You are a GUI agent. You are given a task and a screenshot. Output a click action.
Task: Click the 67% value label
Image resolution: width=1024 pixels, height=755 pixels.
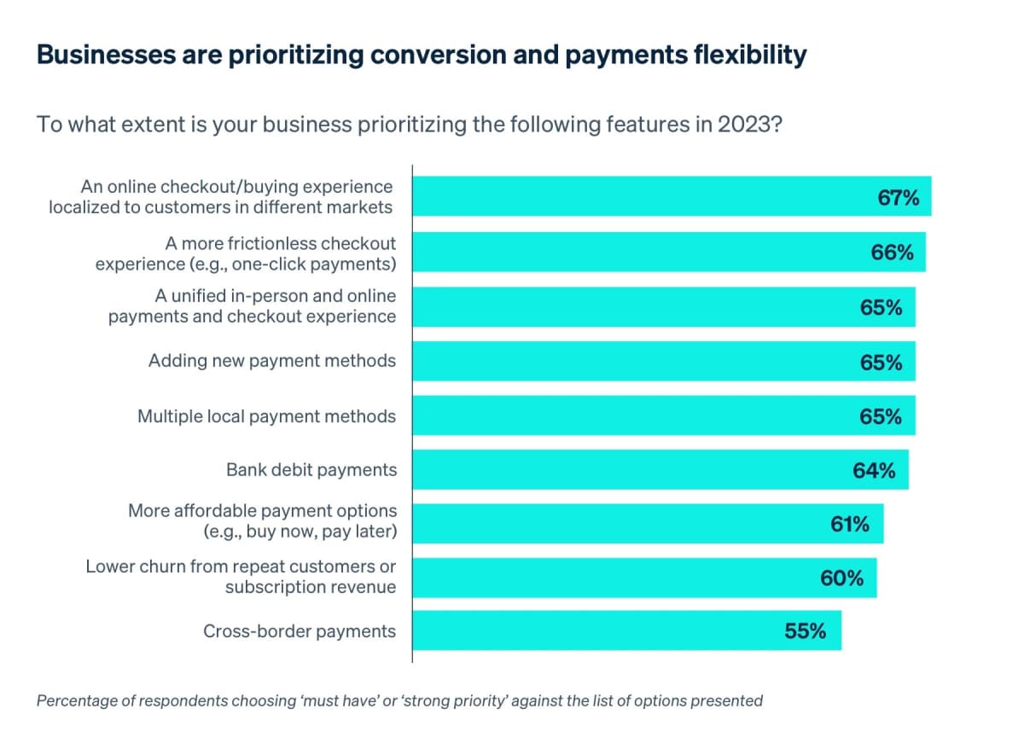click(x=899, y=198)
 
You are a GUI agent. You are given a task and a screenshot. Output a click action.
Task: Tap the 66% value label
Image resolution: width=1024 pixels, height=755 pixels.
click(x=893, y=253)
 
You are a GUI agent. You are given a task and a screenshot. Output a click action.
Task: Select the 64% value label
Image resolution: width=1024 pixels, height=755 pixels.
click(x=874, y=470)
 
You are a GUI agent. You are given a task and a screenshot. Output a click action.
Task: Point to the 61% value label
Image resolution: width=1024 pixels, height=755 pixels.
click(x=850, y=525)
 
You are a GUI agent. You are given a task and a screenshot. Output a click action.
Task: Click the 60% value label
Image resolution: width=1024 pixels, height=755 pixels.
click(x=842, y=578)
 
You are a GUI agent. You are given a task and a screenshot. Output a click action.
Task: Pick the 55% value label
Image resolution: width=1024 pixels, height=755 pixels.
click(x=806, y=631)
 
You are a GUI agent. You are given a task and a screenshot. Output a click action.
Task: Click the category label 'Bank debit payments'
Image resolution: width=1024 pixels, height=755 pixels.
click(x=311, y=469)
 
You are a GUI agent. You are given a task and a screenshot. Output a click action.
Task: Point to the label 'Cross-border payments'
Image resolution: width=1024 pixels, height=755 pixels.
click(x=300, y=631)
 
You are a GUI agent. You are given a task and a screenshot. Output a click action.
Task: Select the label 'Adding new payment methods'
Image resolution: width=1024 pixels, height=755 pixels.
click(x=272, y=361)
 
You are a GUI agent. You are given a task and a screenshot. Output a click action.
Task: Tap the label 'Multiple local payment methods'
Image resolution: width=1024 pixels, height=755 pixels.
click(x=267, y=416)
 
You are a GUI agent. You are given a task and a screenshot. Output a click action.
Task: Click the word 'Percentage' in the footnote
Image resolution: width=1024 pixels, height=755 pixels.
click(x=78, y=701)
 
